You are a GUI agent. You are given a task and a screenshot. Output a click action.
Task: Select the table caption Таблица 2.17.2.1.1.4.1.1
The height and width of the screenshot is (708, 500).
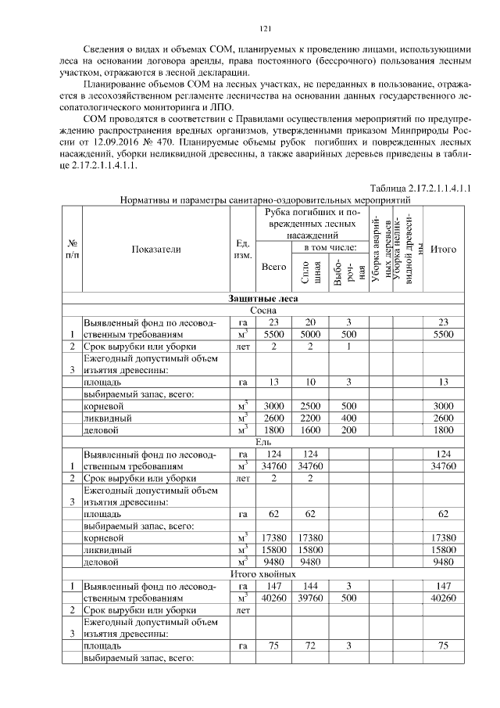coord(422,189)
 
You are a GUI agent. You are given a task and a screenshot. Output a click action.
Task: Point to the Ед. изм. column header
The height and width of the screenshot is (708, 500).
coord(242,249)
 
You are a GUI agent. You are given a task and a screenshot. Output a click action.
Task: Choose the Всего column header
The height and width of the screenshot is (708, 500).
coord(273,267)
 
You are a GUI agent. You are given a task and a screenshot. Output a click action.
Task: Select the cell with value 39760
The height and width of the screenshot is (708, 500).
coord(311,598)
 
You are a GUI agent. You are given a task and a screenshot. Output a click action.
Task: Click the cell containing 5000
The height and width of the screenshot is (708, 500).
coord(311,334)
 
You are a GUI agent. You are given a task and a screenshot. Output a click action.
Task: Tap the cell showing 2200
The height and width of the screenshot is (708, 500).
coord(311,419)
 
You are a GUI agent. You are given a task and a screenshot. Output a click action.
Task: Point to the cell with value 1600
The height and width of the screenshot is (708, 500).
coord(311,430)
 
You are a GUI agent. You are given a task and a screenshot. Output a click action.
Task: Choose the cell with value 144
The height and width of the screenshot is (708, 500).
coord(311,586)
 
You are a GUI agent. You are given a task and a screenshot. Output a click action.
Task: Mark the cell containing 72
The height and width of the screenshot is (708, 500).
coord(311,646)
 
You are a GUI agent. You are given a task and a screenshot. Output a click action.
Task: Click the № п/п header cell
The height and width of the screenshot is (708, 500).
coord(71,249)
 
